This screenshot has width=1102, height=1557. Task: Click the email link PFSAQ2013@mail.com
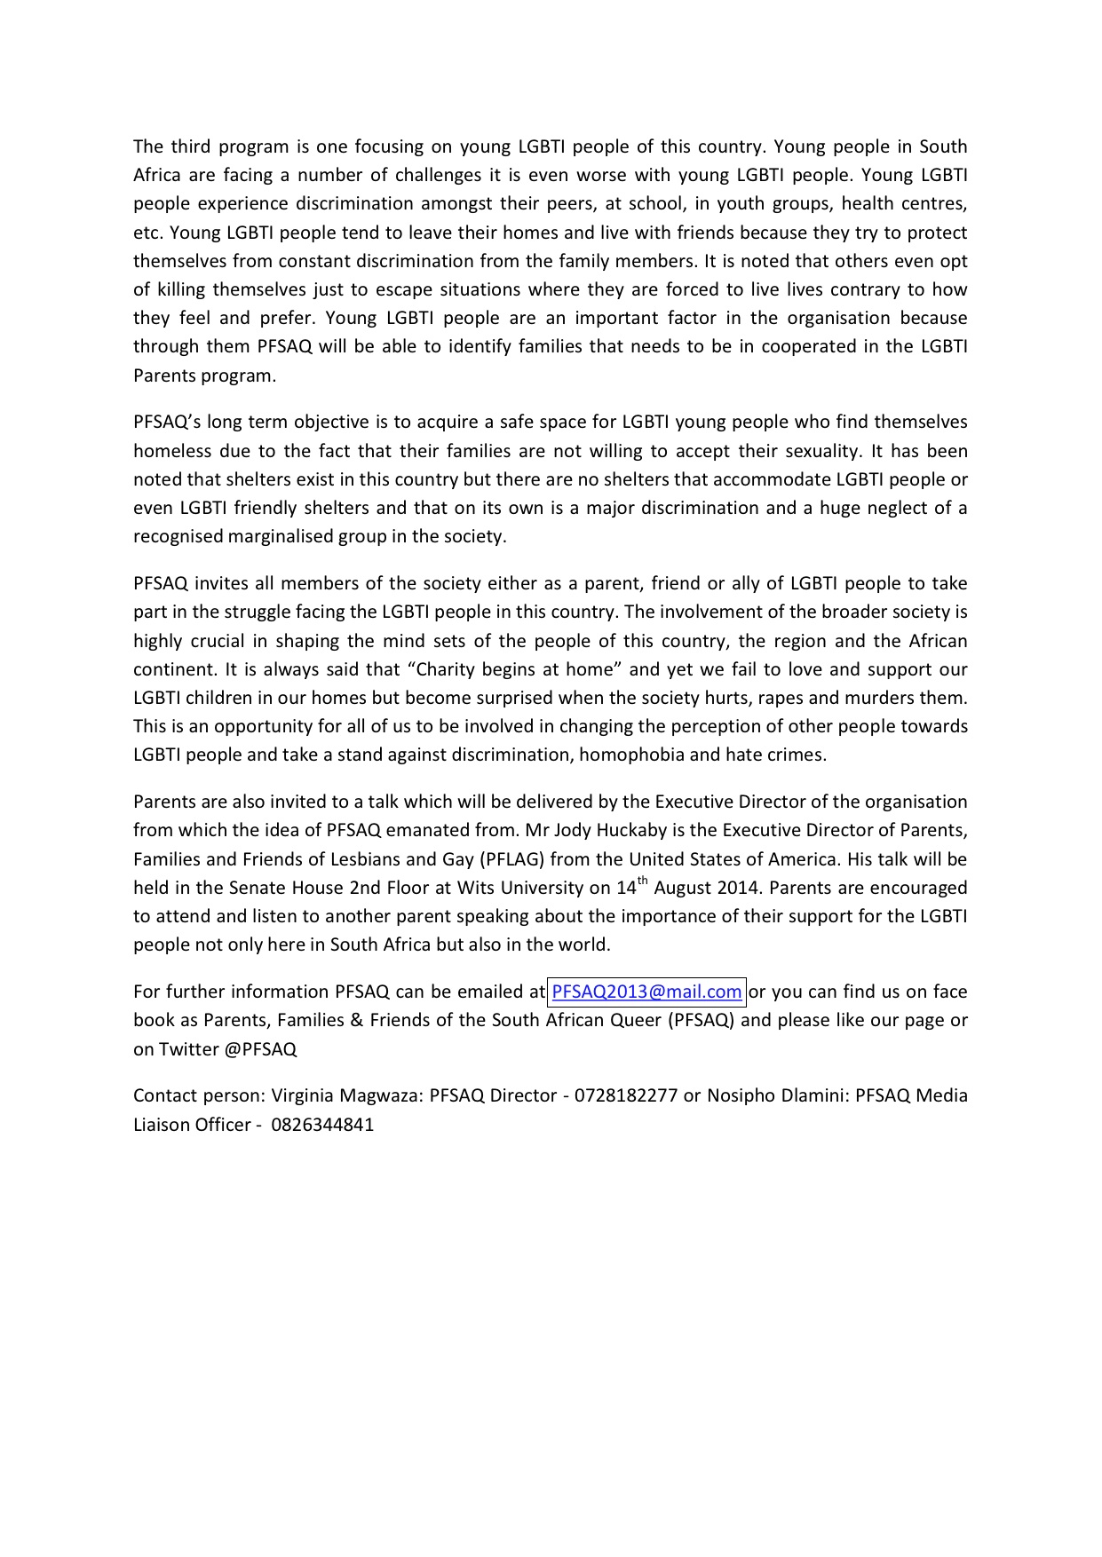646,992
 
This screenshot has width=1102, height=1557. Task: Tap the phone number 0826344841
322,1125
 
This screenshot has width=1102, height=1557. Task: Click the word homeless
170,451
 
